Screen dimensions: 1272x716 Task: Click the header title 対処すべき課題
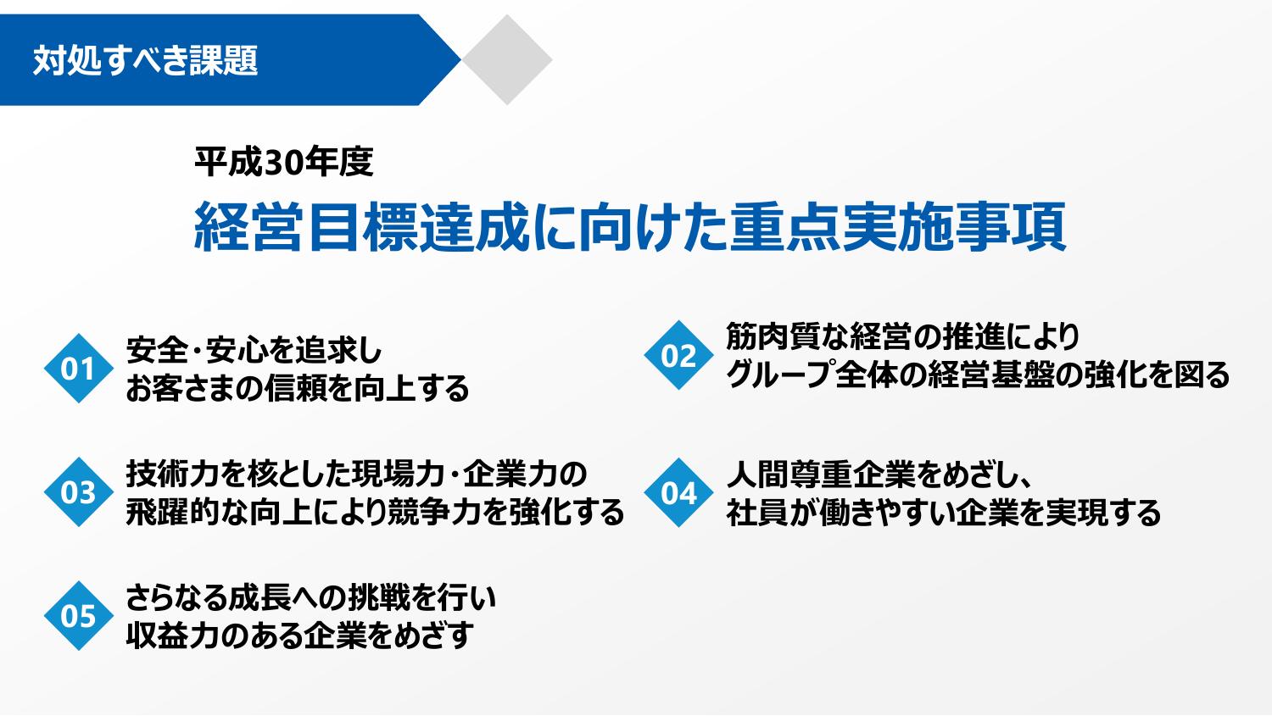coord(145,60)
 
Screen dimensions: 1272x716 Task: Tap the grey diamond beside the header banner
coord(507,59)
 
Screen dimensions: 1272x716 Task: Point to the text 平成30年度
coord(284,162)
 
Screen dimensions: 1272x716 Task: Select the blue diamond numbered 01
coord(78,369)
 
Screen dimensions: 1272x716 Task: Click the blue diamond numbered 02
coord(678,355)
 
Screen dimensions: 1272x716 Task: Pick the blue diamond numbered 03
coord(78,492)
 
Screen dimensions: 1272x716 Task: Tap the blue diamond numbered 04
coord(678,492)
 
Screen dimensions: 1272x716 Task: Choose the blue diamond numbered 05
coord(78,615)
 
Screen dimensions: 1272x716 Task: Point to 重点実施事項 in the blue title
coord(897,227)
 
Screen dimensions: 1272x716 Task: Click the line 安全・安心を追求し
coord(254,350)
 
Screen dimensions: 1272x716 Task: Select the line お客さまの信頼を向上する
coord(297,389)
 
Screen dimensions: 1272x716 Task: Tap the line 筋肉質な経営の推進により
coord(903,336)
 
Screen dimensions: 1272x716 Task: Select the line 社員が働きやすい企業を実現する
coord(943,513)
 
